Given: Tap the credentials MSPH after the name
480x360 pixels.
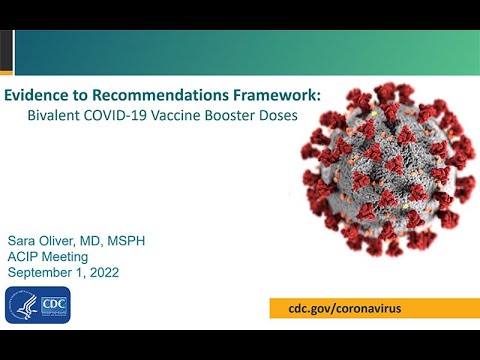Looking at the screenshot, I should click(131, 242).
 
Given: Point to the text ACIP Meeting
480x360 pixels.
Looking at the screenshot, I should click(48, 257).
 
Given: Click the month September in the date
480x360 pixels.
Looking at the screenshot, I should click(42, 272).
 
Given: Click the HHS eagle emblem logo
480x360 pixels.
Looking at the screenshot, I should click(24, 305).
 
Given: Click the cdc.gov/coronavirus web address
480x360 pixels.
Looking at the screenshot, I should click(338, 309).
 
